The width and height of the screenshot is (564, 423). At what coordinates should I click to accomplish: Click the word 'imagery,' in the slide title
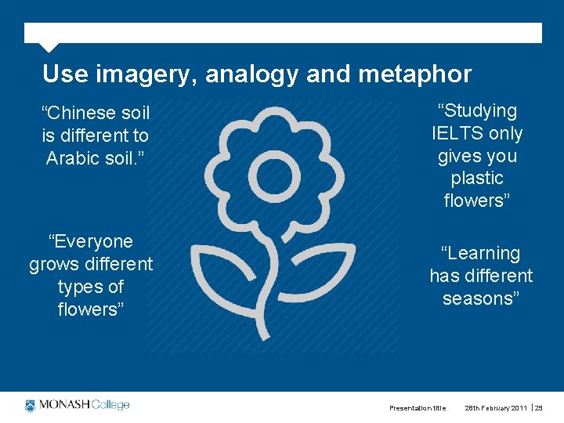[146, 74]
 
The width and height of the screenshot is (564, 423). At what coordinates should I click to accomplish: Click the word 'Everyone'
[91, 241]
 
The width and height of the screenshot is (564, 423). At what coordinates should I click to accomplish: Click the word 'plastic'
[477, 179]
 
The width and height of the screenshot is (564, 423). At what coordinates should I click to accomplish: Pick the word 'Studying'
[477, 111]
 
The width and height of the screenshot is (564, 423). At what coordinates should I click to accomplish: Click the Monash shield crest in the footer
[31, 406]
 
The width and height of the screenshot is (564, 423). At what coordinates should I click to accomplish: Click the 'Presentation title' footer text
[418, 408]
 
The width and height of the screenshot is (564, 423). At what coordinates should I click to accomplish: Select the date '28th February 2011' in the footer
[497, 408]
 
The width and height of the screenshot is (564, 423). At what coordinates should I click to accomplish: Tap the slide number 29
[539, 408]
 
